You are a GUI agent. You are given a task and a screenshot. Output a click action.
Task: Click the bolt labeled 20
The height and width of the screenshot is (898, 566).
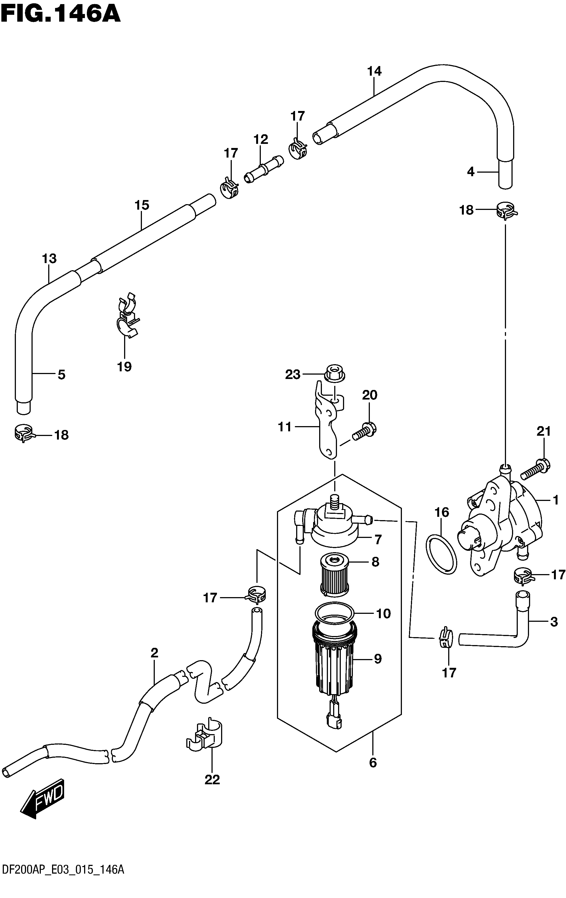coord(364,432)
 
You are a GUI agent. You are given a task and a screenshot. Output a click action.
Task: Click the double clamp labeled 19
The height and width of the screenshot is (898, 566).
coord(126,315)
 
